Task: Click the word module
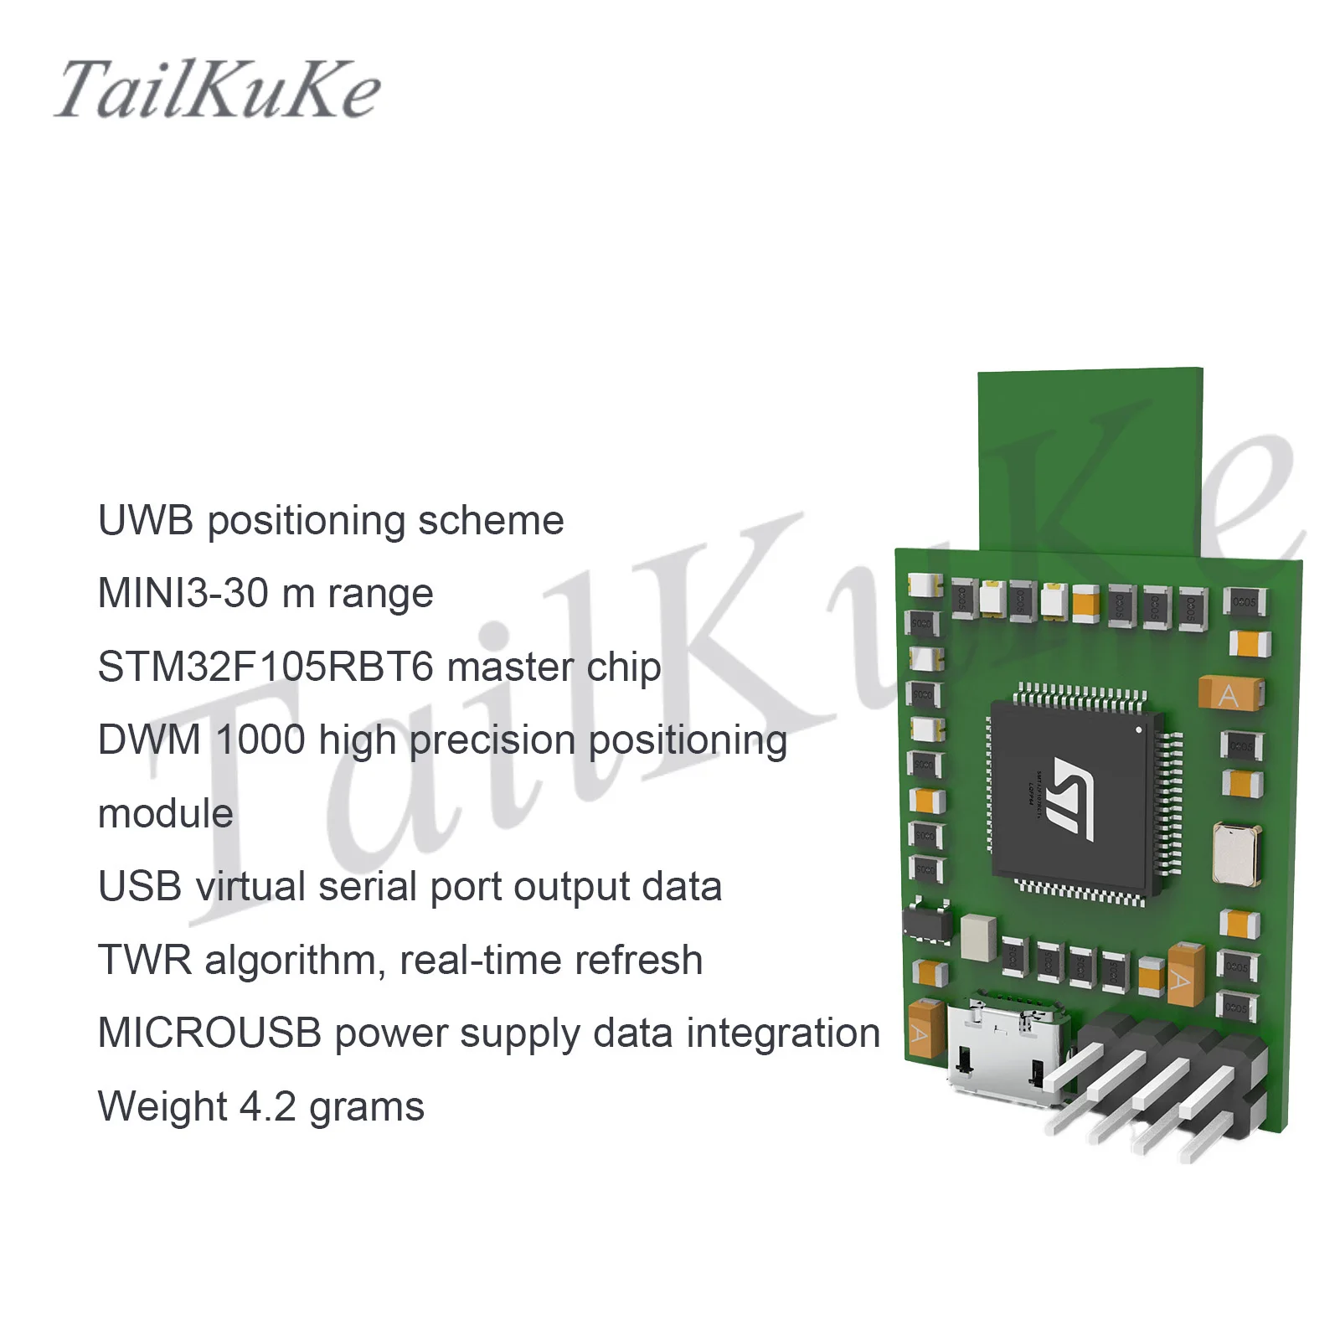tap(165, 814)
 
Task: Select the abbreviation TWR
tap(145, 961)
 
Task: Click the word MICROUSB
tap(209, 1033)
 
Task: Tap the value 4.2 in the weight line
tap(268, 1107)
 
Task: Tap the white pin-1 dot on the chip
tap(1138, 729)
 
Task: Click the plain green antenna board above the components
tap(1090, 461)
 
